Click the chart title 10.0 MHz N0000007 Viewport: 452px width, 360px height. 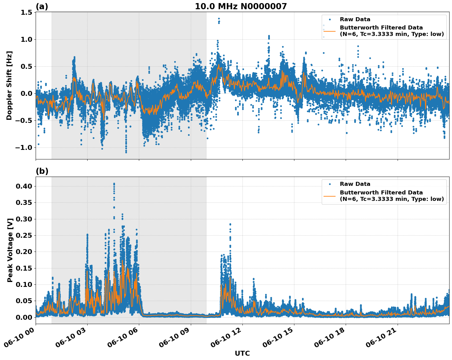point(241,6)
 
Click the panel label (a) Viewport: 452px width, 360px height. point(42,6)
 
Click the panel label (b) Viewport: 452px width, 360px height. point(42,171)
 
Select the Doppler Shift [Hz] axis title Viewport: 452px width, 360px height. point(9,85)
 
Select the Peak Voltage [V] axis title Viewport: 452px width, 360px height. point(10,250)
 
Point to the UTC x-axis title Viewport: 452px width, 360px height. point(242,353)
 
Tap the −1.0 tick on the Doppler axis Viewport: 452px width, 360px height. point(24,147)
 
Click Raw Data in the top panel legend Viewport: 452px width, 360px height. point(355,19)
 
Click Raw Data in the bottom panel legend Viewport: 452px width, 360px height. point(355,184)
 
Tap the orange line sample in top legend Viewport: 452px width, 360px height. point(329,31)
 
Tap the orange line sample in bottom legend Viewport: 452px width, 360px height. point(329,196)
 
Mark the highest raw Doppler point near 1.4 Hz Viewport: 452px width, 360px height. point(219,18)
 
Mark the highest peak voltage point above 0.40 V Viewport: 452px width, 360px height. point(114,184)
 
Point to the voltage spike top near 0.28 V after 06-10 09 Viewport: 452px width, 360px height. point(230,224)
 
